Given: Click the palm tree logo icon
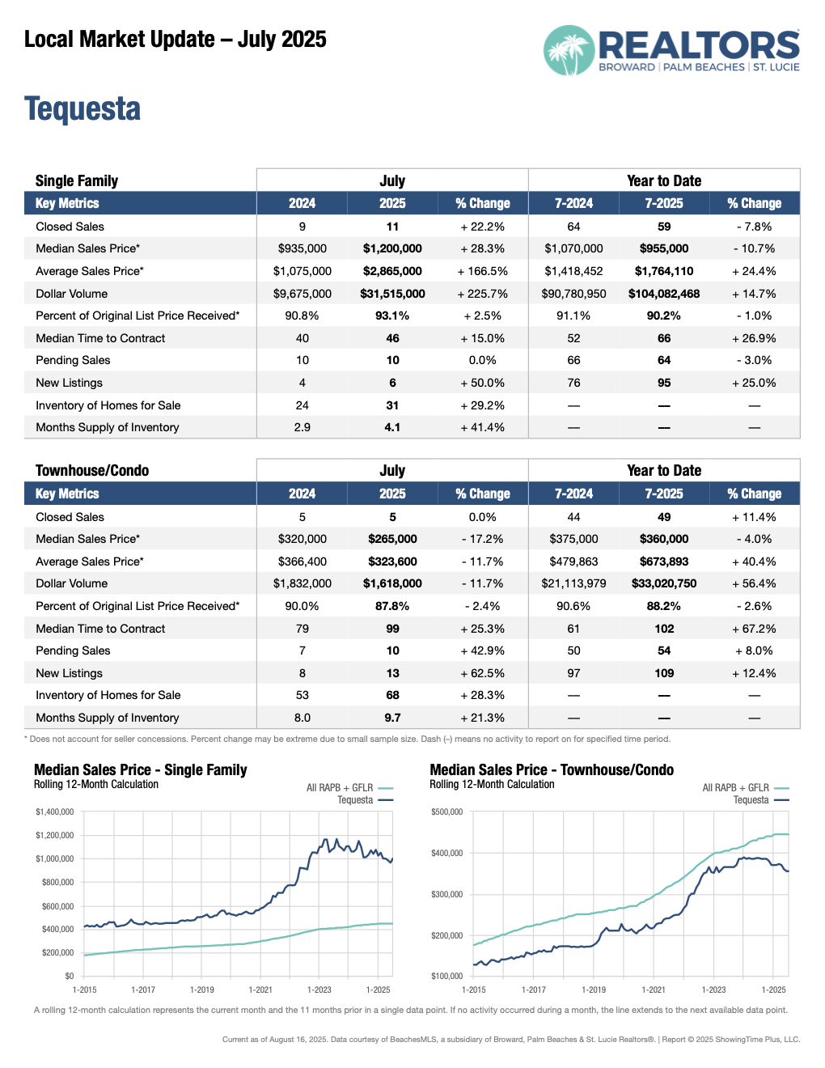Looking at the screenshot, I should [x=569, y=51].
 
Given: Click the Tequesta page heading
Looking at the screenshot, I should [x=82, y=109].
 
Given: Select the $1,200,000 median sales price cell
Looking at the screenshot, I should [x=392, y=248].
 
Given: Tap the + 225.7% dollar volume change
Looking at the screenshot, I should [x=483, y=294].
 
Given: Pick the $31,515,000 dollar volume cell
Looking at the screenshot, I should [x=392, y=294].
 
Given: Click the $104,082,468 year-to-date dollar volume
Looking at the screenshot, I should [x=664, y=294].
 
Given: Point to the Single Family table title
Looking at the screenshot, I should [x=77, y=180].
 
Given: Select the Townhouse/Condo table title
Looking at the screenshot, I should [x=92, y=470].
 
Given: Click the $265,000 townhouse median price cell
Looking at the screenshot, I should [x=392, y=539].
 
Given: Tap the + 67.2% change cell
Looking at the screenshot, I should [x=754, y=629].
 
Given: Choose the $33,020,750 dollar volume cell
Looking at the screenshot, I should [x=664, y=583].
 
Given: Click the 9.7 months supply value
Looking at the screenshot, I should [x=392, y=718].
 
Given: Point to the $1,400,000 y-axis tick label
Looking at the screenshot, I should [x=55, y=812].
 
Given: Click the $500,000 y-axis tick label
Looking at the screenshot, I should [x=447, y=812].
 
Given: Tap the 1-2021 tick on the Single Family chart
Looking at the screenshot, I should [x=260, y=990].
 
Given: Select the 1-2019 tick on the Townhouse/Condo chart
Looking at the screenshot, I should [x=594, y=990].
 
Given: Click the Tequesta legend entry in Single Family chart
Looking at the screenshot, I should [x=356, y=800].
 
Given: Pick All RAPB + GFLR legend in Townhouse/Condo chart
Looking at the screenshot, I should [x=736, y=787].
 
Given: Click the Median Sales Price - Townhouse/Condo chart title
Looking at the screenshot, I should [x=552, y=769].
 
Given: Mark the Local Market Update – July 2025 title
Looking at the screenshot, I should [x=176, y=39].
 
